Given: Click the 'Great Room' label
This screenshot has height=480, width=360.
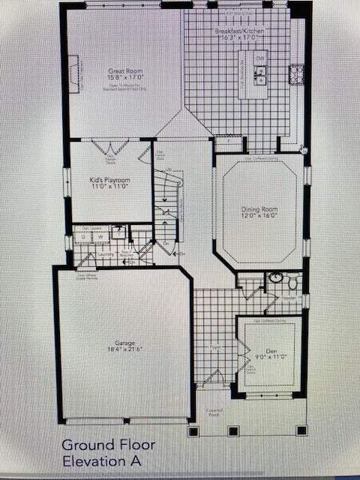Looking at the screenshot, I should [119, 70].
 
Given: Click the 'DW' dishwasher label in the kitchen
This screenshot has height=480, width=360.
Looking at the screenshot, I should [259, 58].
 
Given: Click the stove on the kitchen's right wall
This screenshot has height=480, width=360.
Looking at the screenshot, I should [297, 73].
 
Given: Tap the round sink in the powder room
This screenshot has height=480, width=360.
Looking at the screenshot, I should [275, 277].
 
